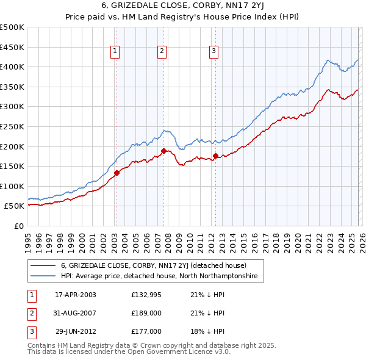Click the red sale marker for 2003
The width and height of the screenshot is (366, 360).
click(117, 173)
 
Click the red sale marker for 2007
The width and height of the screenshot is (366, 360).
click(163, 151)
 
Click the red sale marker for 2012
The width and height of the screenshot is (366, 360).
click(215, 156)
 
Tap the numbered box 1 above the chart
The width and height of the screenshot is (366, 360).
click(115, 52)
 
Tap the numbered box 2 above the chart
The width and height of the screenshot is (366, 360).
click(162, 52)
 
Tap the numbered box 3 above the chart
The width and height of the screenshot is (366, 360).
click(214, 52)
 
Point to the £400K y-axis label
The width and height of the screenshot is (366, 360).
click(12, 67)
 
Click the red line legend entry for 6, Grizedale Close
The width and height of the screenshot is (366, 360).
click(153, 266)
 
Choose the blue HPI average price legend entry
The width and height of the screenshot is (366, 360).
click(159, 276)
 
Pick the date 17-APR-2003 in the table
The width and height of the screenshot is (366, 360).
click(76, 295)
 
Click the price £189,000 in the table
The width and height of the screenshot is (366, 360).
click(146, 313)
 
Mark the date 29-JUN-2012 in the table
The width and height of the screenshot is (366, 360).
click(76, 331)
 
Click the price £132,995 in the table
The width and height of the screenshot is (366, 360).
click(146, 295)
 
